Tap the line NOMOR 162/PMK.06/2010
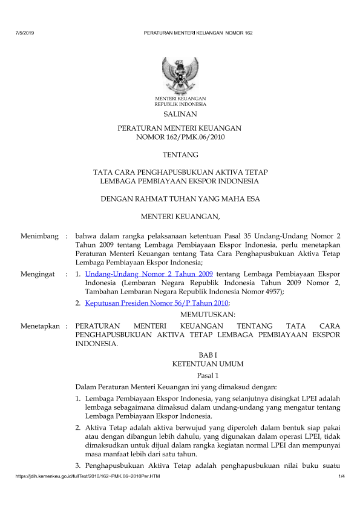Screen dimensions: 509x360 180,137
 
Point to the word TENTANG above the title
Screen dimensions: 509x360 180,156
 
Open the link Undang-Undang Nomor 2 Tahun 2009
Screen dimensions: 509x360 149,274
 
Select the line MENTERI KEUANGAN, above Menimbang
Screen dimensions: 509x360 180,216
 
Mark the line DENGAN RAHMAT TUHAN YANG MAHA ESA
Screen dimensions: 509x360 180,198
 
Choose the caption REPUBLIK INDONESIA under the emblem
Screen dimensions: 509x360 180,104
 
